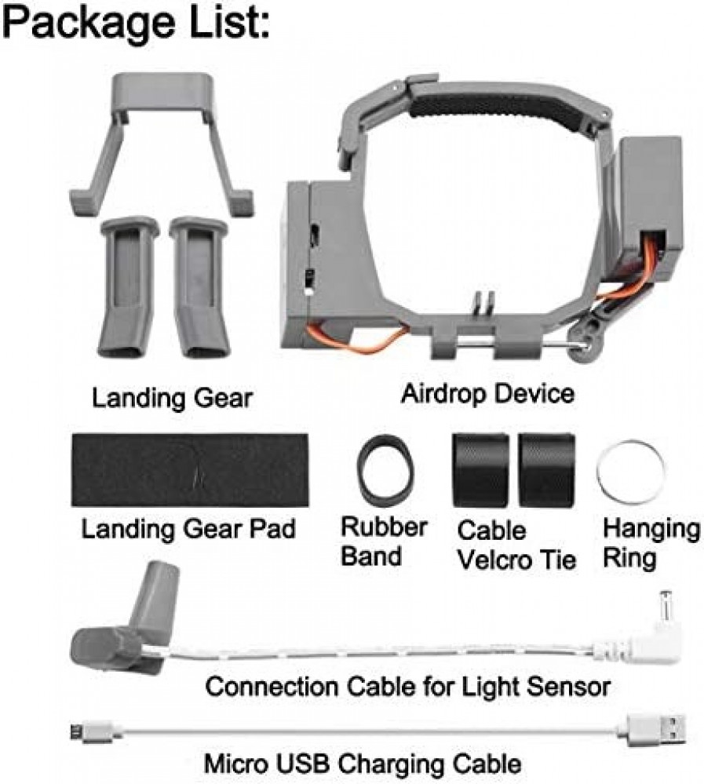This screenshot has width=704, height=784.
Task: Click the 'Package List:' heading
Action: (136, 23)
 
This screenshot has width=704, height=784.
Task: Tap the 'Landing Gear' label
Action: (172, 398)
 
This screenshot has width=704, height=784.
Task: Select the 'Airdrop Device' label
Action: (487, 393)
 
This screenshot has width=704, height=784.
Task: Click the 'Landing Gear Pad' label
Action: (188, 528)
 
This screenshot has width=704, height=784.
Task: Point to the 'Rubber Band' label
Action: (384, 541)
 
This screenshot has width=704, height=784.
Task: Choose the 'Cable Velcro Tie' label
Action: (516, 545)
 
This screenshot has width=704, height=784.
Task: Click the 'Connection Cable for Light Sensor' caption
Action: (407, 687)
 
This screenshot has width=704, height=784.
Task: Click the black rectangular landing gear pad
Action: (189, 470)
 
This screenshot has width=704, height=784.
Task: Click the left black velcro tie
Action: (480, 470)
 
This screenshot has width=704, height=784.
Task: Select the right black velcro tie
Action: (546, 470)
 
